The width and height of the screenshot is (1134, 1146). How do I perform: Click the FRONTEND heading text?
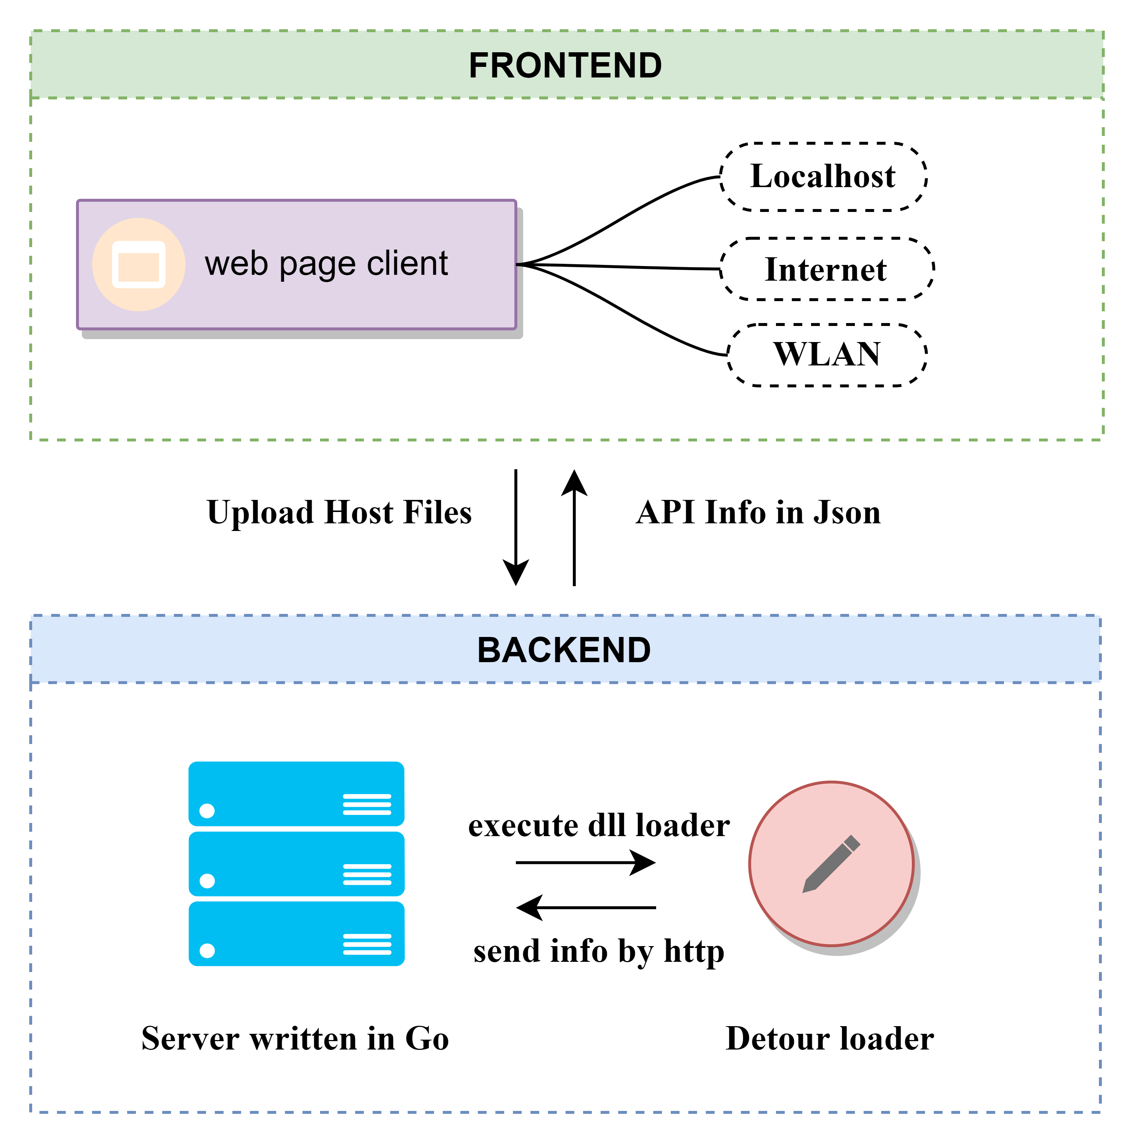point(565,65)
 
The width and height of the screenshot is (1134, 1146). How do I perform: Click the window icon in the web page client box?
point(139,265)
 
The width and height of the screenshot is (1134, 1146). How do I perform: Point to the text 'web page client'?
point(326,263)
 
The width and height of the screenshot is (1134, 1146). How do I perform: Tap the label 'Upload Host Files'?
point(339,512)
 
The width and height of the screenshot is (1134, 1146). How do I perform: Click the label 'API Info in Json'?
point(758,512)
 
